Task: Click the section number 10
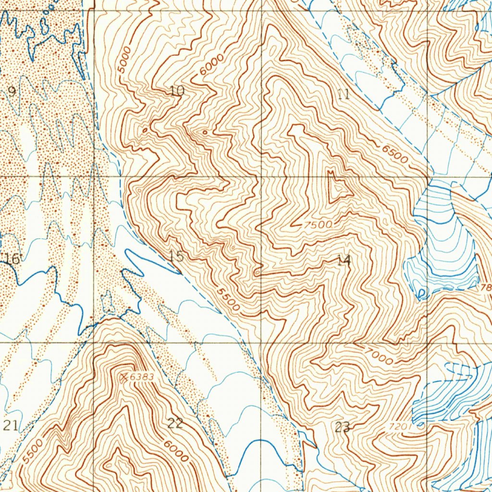coord(177,91)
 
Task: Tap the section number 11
coord(343,94)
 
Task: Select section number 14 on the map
coord(344,261)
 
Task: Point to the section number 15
coord(176,257)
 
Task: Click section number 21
coord(11,425)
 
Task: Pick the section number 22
coord(175,423)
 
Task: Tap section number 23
coord(343,427)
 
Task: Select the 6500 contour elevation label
coord(395,154)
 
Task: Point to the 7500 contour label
coord(318,224)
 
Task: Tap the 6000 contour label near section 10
coord(213,64)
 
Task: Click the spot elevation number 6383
coord(142,377)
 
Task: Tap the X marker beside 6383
coord(124,377)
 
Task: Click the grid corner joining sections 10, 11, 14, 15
coord(261,176)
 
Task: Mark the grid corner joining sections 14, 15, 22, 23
coord(261,343)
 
